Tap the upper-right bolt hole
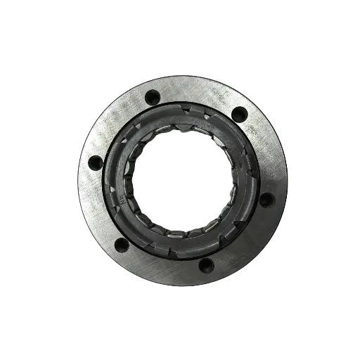tap(237, 112)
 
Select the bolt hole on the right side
tap(265, 199)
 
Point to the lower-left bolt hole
tap(121, 245)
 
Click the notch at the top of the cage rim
tap(184, 108)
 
